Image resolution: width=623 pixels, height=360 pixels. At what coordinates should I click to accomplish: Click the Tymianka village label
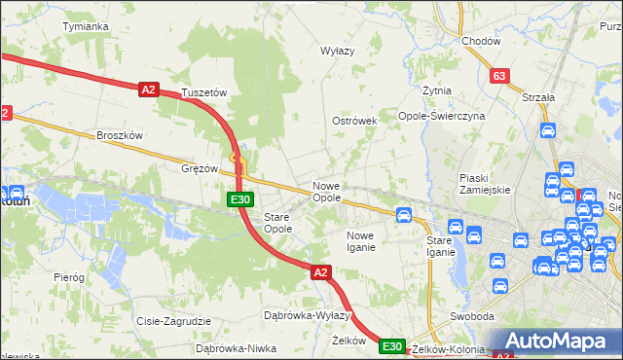click(x=85, y=26)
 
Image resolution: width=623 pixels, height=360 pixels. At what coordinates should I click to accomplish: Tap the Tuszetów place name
click(x=204, y=93)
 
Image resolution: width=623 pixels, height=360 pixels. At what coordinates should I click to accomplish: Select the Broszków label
click(x=120, y=135)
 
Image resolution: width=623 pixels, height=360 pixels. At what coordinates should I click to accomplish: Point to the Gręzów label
click(x=200, y=168)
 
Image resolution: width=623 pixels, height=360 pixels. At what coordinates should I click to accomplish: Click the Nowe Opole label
click(x=326, y=192)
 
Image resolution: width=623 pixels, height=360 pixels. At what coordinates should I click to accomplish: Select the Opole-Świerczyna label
click(x=441, y=115)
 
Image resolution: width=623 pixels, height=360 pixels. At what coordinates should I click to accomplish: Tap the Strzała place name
click(x=537, y=97)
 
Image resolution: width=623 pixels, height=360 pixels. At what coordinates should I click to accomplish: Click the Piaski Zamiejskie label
click(x=485, y=184)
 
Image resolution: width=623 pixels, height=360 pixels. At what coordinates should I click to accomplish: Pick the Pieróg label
click(x=69, y=277)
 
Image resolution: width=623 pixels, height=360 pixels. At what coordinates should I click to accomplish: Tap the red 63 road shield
click(x=499, y=75)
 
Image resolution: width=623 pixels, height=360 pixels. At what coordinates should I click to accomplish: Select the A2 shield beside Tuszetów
click(x=147, y=90)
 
